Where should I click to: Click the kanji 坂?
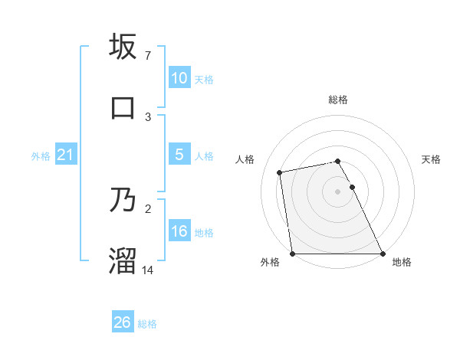coord(123,47)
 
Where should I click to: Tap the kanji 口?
coord(123,107)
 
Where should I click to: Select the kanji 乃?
coord(123,201)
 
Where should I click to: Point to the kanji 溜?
coord(123,260)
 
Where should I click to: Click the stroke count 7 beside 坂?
coord(147,56)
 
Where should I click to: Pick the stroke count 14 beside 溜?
coord(149,270)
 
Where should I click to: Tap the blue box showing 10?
coord(179,78)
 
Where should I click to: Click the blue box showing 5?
coord(179,155)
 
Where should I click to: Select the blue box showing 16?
coord(179,231)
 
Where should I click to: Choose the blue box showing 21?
coord(65,155)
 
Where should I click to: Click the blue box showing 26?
coord(122,322)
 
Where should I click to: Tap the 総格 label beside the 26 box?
coord(147,324)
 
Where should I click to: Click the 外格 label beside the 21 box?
coord(41,156)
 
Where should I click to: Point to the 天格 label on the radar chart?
coord(431,160)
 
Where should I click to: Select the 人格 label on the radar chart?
coord(245,160)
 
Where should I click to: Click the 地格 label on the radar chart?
coord(402,262)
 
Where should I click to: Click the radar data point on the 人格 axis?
coord(280,172)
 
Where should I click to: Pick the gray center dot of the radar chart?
coord(337,191)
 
